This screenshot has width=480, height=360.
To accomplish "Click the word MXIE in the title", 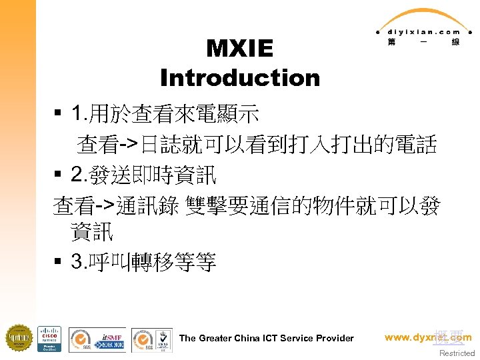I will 240,49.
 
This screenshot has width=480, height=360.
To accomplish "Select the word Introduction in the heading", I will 240,78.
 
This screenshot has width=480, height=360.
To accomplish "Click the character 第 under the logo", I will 391,42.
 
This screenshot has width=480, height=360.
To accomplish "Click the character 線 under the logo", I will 455,42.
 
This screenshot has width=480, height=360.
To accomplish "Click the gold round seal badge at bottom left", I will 19,338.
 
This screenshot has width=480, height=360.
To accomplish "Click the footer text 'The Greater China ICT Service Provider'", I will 267,338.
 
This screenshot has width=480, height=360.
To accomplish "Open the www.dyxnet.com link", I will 428,337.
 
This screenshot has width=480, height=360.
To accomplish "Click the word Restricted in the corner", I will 457,353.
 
